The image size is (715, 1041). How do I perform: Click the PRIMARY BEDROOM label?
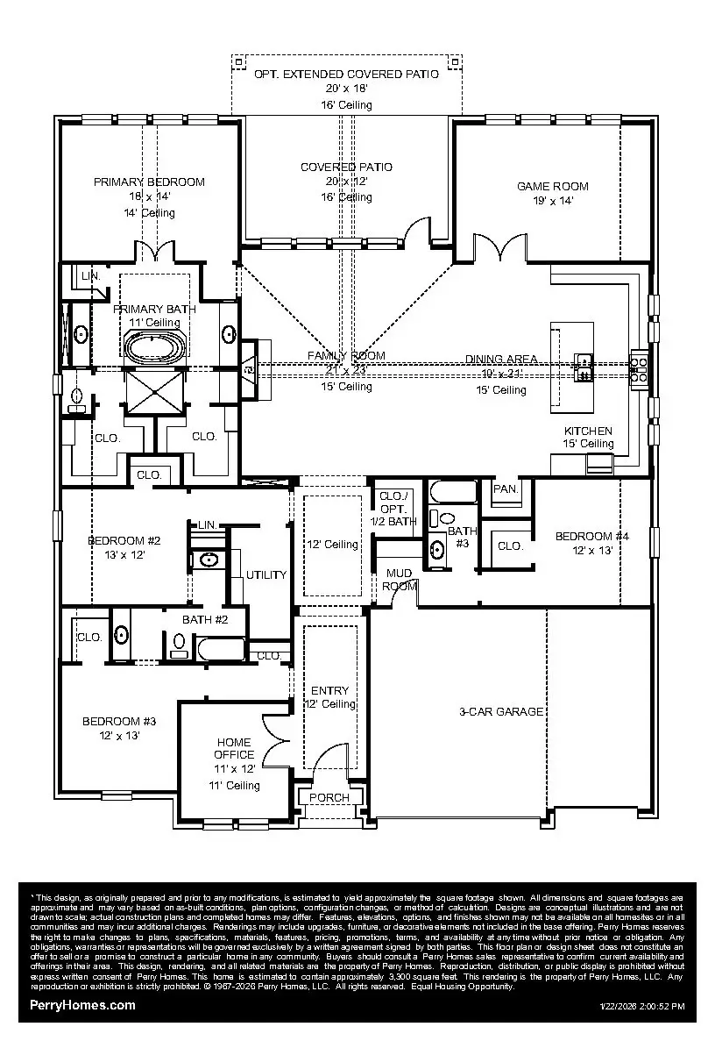point(150,182)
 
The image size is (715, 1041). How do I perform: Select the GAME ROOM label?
point(552,186)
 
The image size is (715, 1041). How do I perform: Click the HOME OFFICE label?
point(235,748)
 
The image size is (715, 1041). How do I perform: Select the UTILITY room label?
point(266,574)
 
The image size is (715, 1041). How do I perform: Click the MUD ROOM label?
point(400,579)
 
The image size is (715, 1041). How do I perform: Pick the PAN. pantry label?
point(506,488)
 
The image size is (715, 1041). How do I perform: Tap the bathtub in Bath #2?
point(222,650)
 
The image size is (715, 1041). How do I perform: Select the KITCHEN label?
point(588,431)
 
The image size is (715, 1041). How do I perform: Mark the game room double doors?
point(498,248)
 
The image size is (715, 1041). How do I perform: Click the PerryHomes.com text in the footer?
point(82,1005)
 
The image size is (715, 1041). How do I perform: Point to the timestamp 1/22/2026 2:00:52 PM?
point(642,1006)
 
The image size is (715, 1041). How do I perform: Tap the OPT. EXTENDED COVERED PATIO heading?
point(346,75)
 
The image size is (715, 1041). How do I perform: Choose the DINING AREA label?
point(501,359)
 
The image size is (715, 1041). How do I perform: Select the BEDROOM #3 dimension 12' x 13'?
point(119,736)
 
